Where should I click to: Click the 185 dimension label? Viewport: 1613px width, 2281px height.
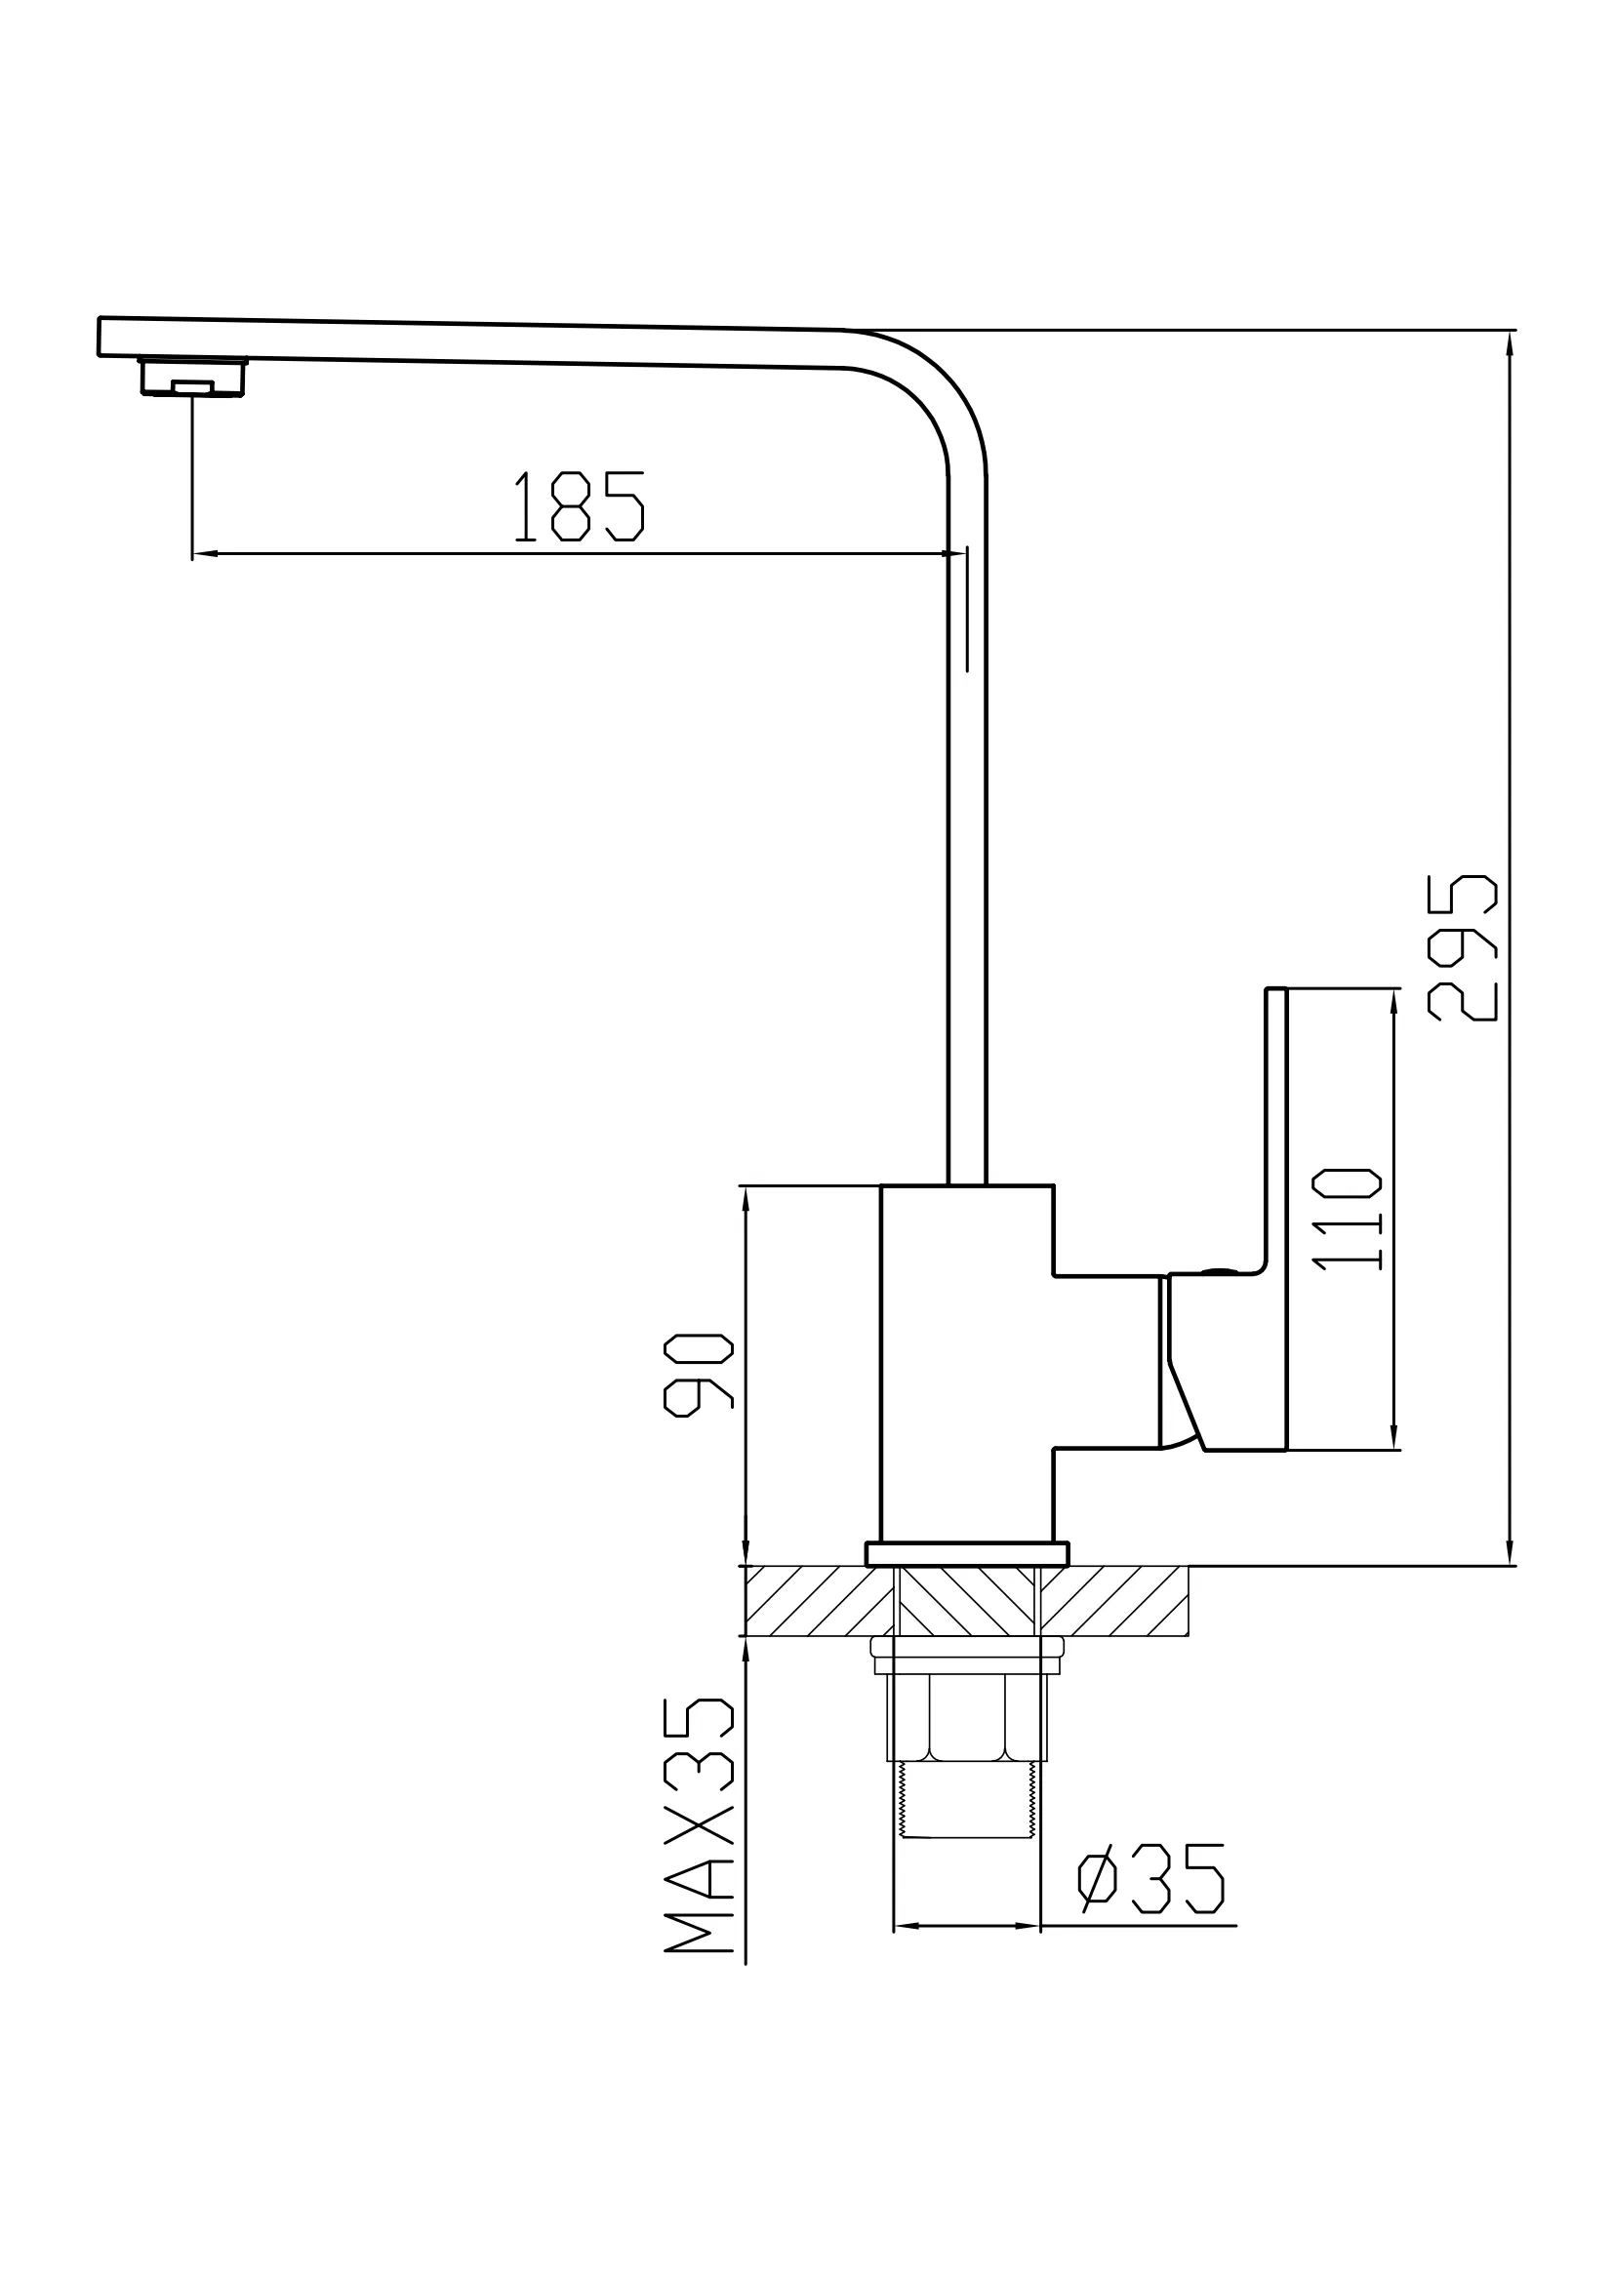coord(579,506)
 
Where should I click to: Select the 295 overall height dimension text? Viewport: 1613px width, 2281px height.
coord(1461,947)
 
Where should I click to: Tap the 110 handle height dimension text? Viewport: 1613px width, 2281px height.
coord(1346,1220)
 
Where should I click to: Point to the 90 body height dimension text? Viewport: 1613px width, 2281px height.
coord(698,1375)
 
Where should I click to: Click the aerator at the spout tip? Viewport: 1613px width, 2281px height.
coord(193,378)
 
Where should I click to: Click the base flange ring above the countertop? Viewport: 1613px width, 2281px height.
coord(966,1554)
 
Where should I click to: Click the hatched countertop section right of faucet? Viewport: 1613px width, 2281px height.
coord(1113,1600)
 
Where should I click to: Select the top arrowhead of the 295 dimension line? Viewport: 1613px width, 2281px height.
coord(1510,342)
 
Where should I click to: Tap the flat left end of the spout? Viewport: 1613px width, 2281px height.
coord(100,336)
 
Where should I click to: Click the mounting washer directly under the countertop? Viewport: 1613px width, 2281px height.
coord(966,1647)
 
